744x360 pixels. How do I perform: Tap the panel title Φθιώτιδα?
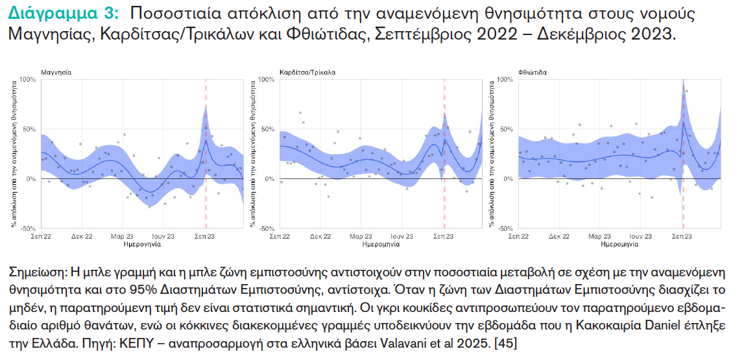pyautogui.click(x=533, y=72)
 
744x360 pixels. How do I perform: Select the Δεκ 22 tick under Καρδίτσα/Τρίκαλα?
pyautogui.click(x=320, y=237)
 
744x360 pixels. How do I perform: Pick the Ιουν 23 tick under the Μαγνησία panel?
pyautogui.click(x=163, y=237)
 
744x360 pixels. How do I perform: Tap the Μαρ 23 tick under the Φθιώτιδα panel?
pyautogui.click(x=600, y=237)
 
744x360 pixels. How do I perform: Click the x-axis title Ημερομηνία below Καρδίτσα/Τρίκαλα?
pyautogui.click(x=381, y=245)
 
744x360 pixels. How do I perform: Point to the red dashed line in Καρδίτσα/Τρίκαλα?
pyautogui.click(x=444, y=195)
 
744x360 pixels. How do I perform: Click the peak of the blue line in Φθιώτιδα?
pyautogui.click(x=684, y=121)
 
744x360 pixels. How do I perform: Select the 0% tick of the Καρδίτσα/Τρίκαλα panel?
pyautogui.click(x=268, y=179)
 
